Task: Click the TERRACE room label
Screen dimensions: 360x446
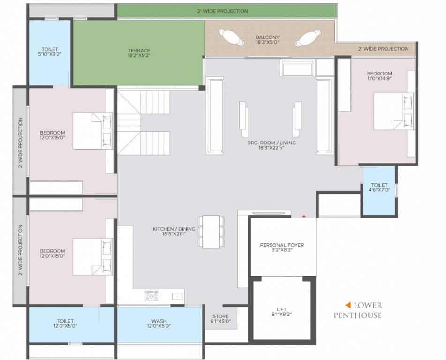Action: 139,50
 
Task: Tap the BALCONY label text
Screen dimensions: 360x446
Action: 268,37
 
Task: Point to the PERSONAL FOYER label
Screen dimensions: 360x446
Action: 282,245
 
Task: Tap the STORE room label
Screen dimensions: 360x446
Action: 220,316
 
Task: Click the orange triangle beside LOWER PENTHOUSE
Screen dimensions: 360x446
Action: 348,304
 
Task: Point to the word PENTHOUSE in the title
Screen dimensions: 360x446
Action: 357,315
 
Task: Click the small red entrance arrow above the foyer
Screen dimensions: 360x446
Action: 303,216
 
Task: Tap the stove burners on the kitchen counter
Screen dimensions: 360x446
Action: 151,295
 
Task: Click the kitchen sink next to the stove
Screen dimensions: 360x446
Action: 177,296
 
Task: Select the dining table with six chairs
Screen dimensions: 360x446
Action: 211,231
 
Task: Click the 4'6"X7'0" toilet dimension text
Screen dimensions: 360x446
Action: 379,190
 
